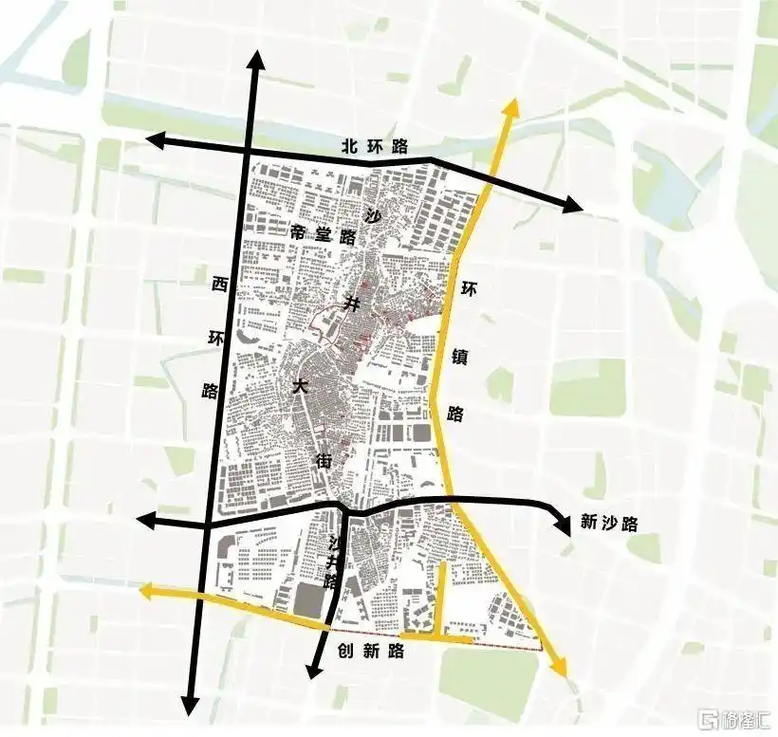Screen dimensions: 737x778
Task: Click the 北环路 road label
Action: pos(375,146)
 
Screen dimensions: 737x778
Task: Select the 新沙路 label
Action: pos(608,522)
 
